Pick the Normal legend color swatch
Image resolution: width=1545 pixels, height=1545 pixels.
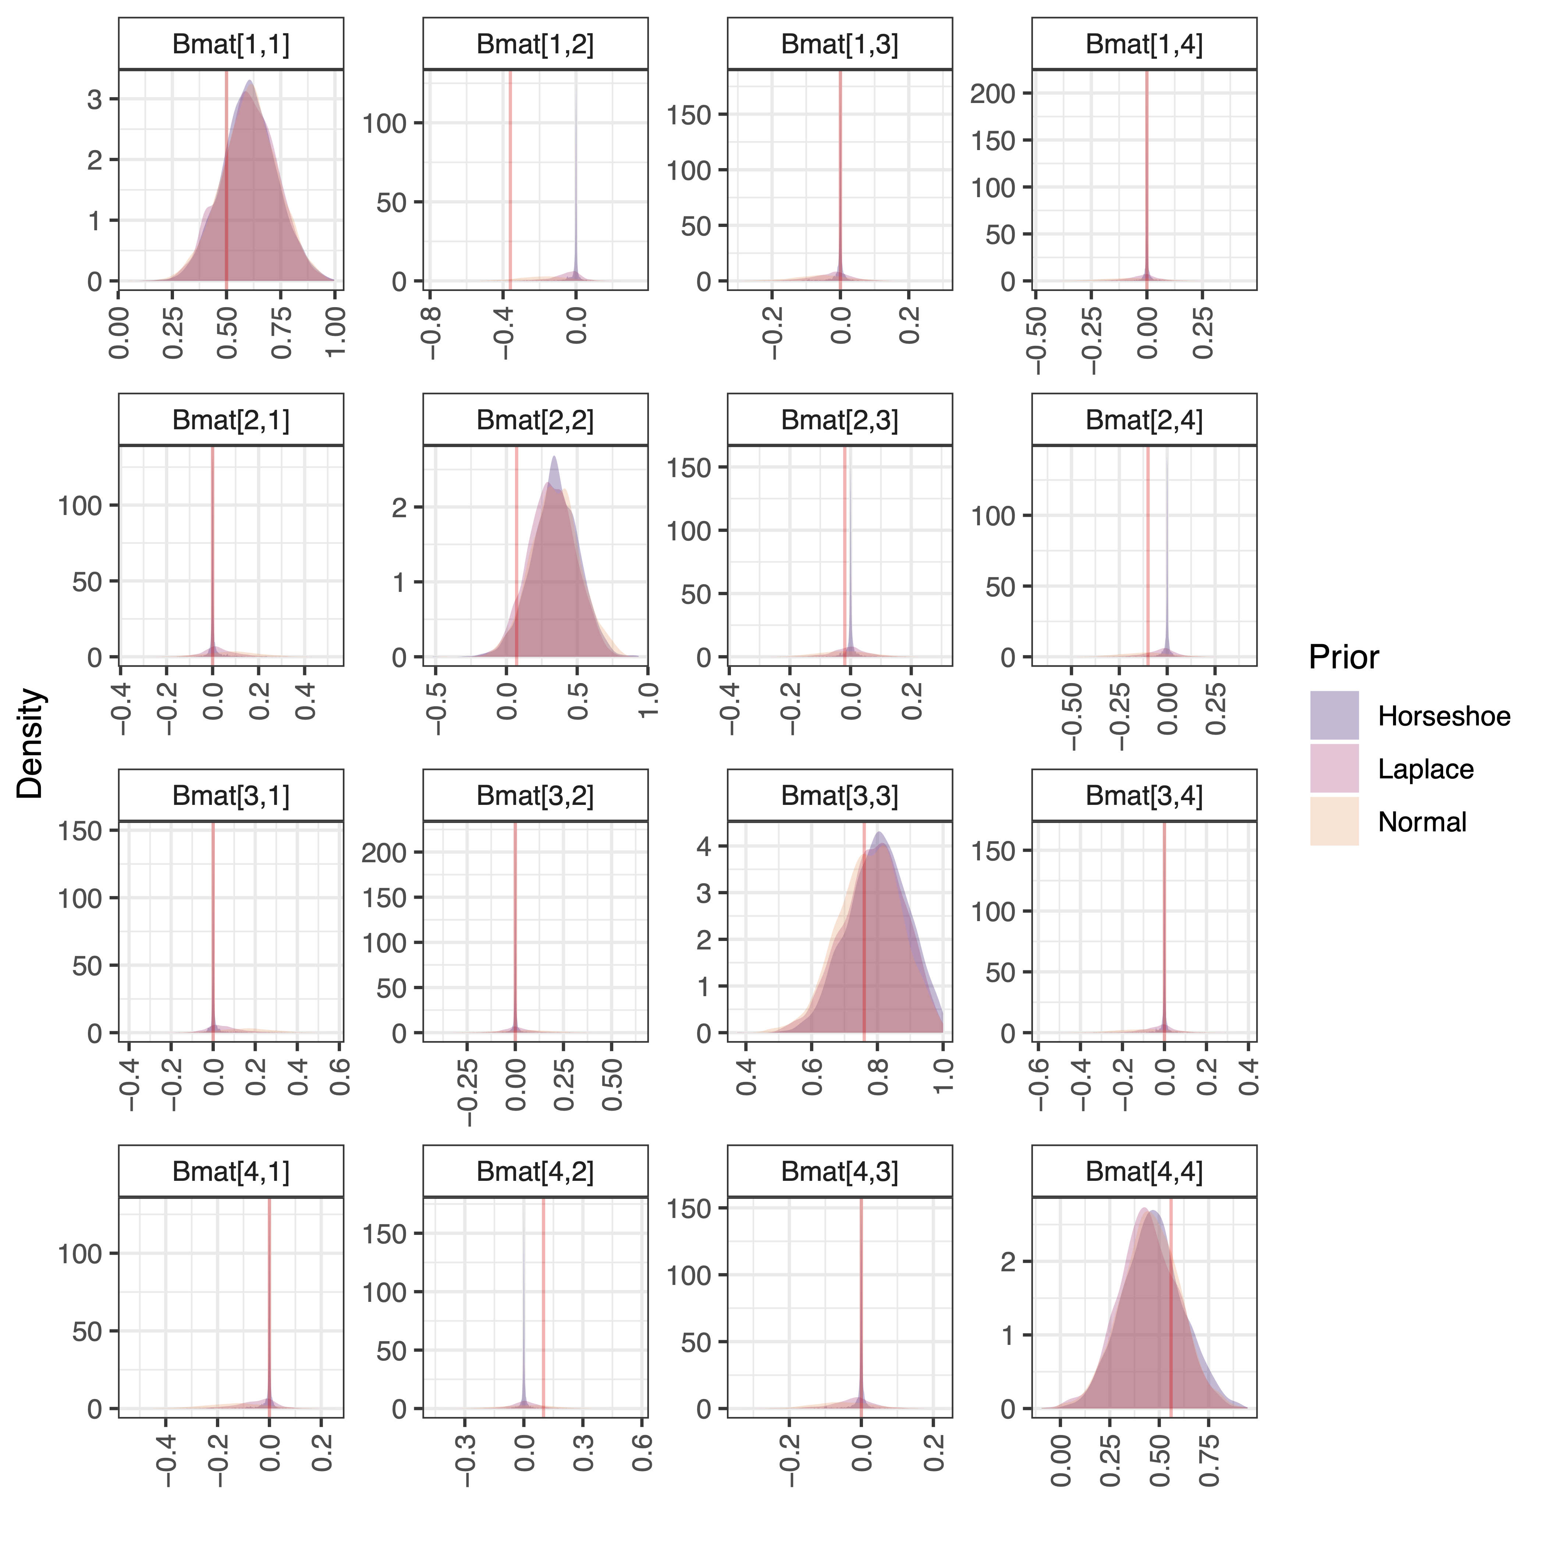click(1334, 821)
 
